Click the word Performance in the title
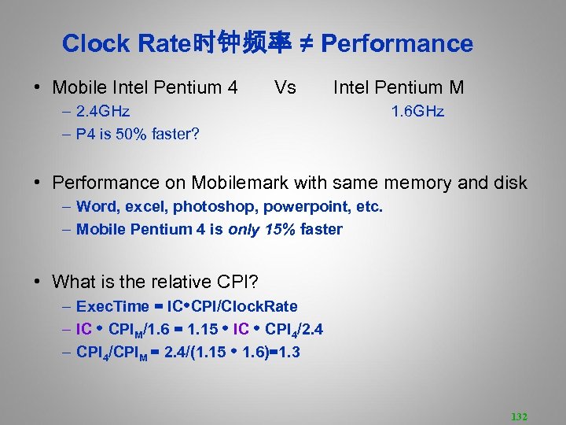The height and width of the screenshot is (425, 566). coord(397,44)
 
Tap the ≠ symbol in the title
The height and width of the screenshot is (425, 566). coord(308,44)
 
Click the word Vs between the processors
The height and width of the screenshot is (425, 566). coord(285,87)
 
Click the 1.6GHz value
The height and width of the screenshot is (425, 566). coord(418,112)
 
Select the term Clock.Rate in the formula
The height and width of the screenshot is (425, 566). coord(263,306)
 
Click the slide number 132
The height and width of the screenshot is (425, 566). coord(519,416)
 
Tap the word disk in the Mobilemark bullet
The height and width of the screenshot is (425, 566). coord(510,183)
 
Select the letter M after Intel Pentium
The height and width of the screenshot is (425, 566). coord(456,87)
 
